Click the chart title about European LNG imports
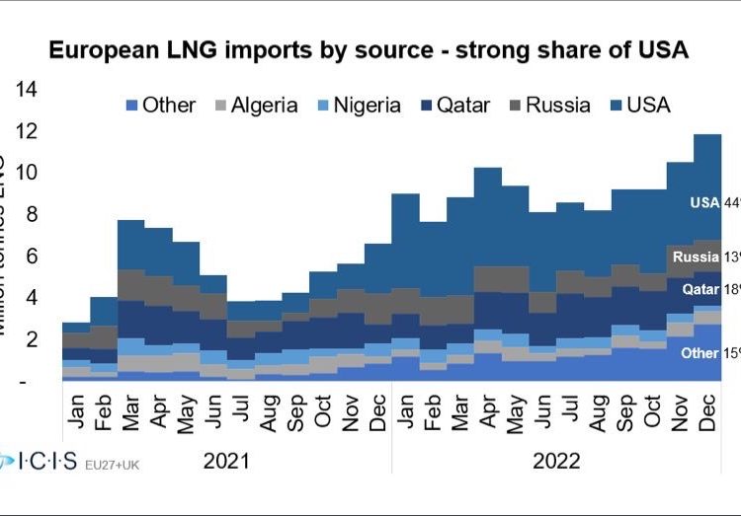pos(370,50)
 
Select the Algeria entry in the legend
pos(254,106)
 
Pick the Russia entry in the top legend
pos(546,106)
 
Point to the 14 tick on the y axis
pos(26,90)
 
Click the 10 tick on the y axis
pos(26,173)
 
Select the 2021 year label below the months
pos(226,461)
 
